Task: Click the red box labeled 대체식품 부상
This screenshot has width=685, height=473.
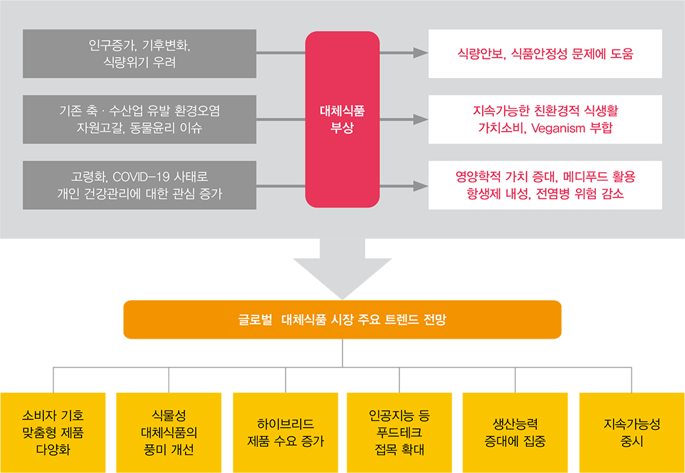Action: (342, 119)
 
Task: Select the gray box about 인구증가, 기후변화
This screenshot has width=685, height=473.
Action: (139, 54)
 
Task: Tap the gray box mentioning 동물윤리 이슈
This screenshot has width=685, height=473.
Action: (139, 119)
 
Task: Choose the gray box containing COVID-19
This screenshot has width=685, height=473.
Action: (139, 185)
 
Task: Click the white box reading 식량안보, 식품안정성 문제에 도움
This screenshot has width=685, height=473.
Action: (545, 54)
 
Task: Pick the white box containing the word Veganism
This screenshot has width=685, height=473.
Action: (545, 119)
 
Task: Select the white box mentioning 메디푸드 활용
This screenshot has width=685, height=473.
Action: (545, 185)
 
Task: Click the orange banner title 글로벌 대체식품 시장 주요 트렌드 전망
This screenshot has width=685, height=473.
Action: (342, 319)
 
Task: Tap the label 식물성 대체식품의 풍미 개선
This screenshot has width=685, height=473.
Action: (169, 433)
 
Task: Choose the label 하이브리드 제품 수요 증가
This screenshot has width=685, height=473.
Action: (286, 432)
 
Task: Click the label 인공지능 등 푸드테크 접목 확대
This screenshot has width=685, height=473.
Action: (399, 433)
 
